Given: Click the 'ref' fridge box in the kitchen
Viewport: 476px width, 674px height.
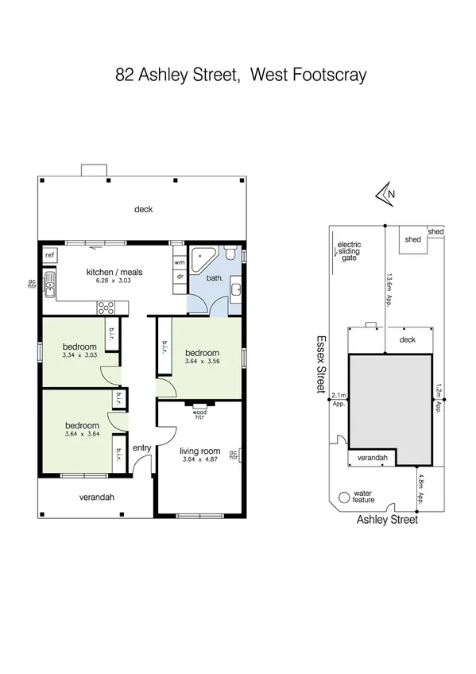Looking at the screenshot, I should point(49,255).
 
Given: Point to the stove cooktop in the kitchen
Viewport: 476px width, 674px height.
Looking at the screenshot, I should point(106,306).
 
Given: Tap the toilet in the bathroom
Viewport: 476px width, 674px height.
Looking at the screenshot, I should point(230,255).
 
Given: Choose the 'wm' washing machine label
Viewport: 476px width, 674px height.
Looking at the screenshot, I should point(179,261).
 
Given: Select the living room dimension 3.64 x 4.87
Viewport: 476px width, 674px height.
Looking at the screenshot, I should point(199,459).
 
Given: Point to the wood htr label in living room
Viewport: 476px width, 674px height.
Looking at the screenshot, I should point(199,415).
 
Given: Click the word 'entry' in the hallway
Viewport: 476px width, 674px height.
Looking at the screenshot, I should point(141,448).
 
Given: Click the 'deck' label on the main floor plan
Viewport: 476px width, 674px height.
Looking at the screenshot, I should point(143,210).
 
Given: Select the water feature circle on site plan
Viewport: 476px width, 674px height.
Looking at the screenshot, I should point(344,498).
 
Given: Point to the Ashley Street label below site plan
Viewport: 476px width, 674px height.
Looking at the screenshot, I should point(386,520).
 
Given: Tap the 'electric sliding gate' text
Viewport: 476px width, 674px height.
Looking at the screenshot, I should point(350,252).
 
